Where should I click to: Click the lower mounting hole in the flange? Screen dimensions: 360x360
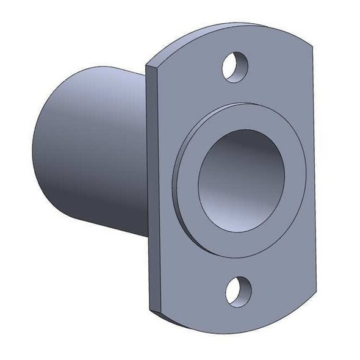click(x=238, y=290)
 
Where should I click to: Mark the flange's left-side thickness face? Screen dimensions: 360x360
click(x=153, y=183)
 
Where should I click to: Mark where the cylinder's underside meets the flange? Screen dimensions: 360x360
click(x=146, y=238)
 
